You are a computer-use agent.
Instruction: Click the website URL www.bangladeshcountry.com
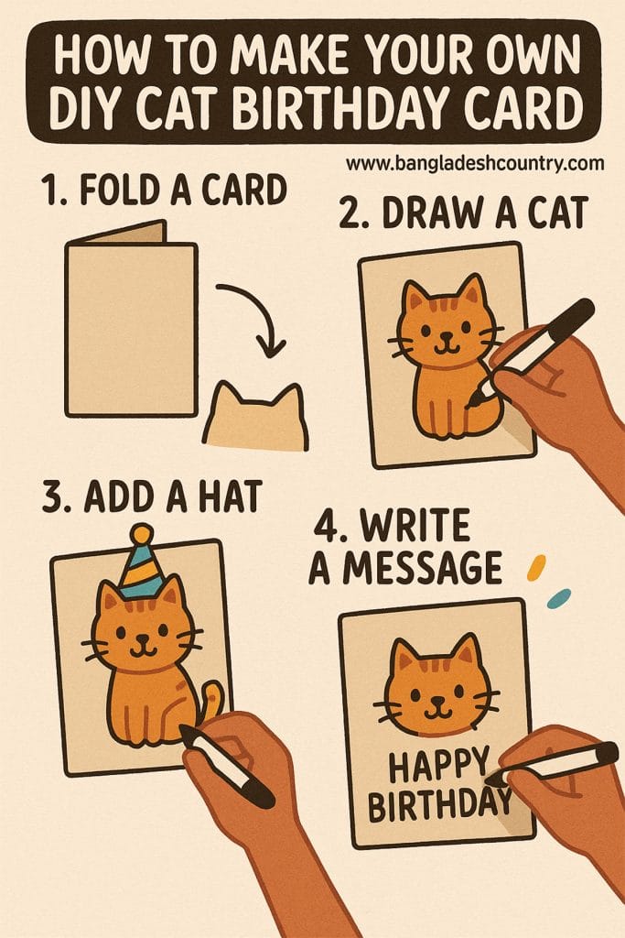[x=475, y=164]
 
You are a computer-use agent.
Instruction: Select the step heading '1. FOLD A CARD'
[x=164, y=193]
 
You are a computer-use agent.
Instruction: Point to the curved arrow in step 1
[x=260, y=316]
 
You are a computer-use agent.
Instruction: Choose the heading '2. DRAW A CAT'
[x=462, y=214]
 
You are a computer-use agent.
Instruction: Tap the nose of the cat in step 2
[x=445, y=337]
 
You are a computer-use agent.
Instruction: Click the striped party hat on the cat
[x=143, y=570]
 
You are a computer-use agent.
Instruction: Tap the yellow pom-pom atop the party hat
[x=140, y=533]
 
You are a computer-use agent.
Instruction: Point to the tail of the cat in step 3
[x=211, y=702]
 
